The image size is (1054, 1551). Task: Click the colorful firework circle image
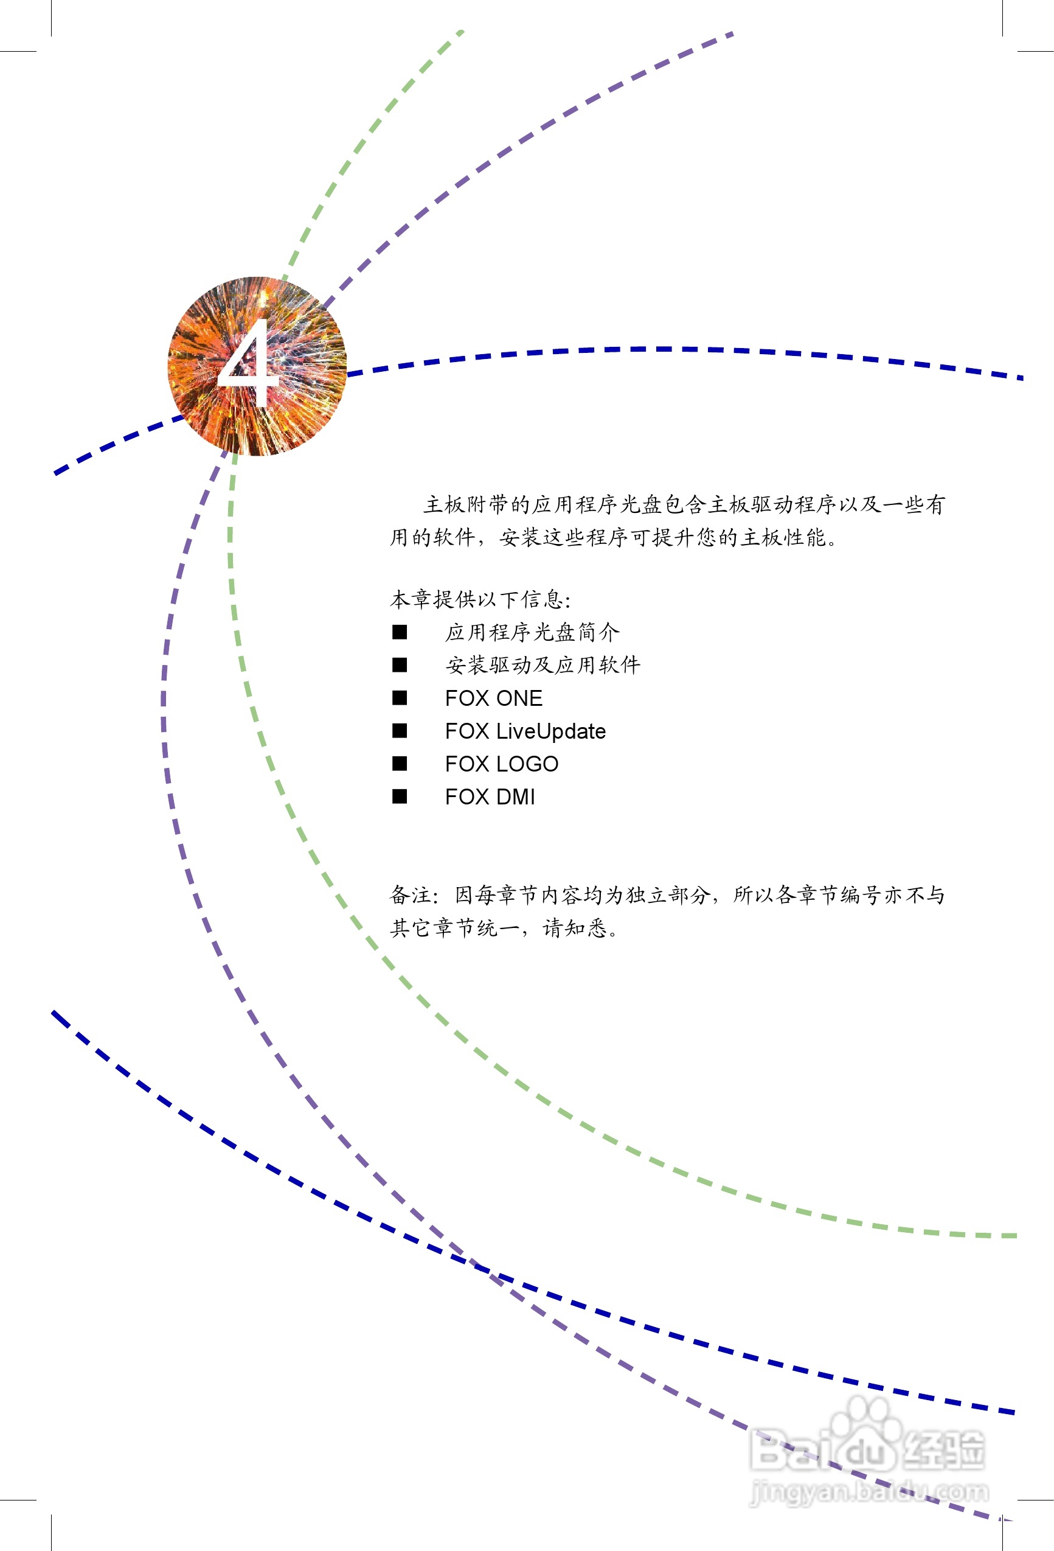point(257,366)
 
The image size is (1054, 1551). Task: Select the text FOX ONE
point(494,698)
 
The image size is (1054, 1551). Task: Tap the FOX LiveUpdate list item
point(525,731)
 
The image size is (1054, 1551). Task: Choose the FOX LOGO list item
point(502,764)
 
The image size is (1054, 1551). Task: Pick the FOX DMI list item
point(490,797)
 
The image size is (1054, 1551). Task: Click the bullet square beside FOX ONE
point(400,698)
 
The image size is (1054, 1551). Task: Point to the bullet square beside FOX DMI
point(400,796)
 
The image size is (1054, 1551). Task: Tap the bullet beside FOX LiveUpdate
point(400,731)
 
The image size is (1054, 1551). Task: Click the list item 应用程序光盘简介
point(532,632)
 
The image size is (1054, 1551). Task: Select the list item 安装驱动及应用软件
point(543,664)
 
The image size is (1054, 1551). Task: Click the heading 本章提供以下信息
point(480,599)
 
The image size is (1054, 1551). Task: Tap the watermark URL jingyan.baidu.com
point(869,1492)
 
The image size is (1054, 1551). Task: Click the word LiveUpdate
point(551,731)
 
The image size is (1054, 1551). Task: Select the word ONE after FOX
point(519,698)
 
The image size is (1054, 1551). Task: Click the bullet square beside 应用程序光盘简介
point(400,632)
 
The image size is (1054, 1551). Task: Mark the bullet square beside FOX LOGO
point(400,764)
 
